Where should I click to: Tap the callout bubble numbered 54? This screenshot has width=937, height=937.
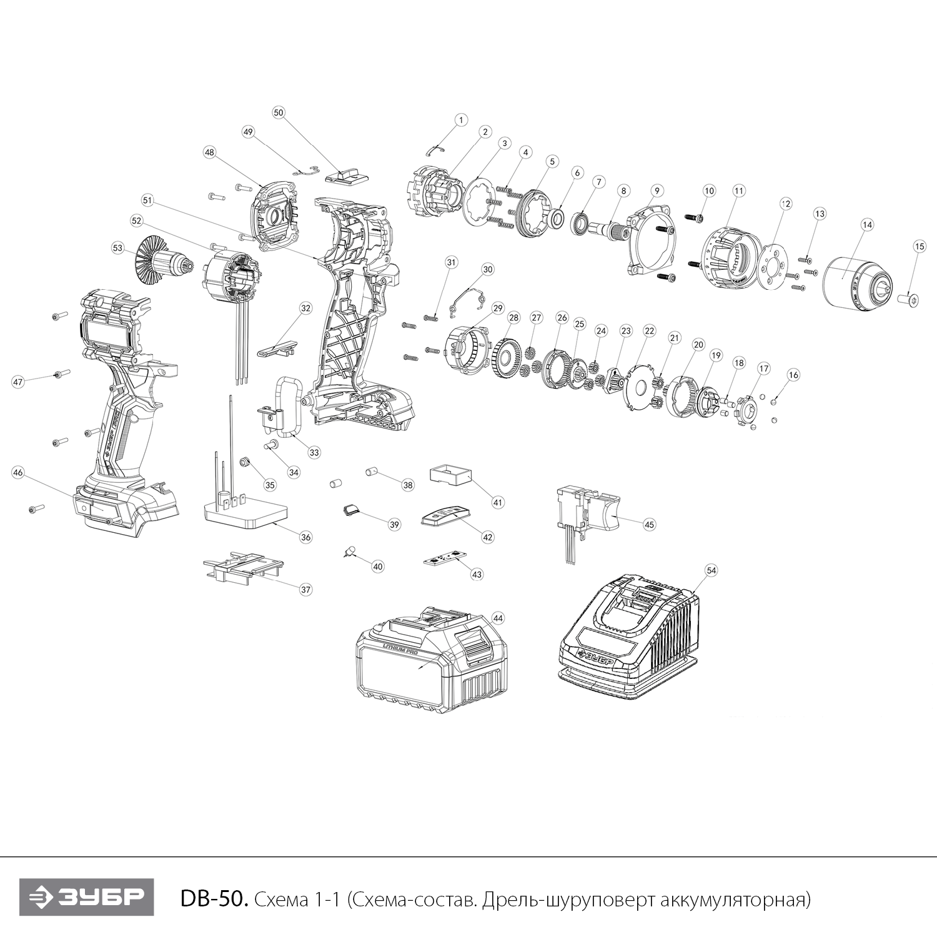[711, 570]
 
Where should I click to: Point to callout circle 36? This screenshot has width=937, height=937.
[305, 537]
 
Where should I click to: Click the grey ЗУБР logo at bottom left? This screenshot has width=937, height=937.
[87, 898]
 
